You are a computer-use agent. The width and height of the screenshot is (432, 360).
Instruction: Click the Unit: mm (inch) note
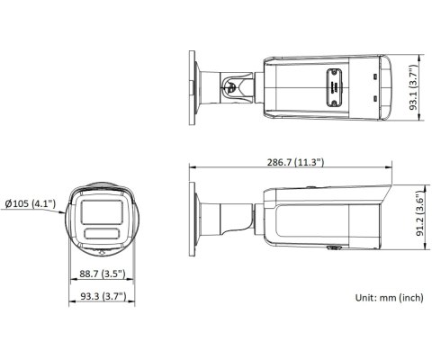coord(389,297)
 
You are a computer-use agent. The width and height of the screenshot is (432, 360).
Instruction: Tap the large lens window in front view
coord(102,211)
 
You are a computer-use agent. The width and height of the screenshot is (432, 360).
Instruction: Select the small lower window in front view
coord(102,234)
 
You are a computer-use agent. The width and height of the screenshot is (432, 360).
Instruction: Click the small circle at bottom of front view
coord(102,250)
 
